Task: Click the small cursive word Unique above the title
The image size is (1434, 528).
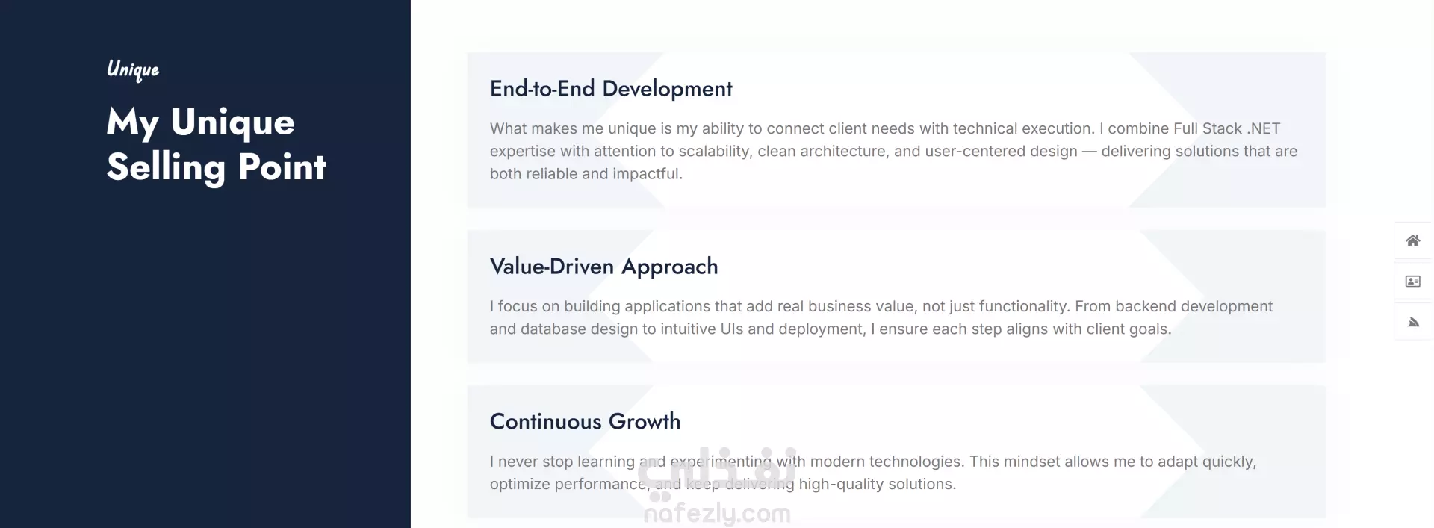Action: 133,69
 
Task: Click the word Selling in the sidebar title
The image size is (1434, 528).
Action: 166,167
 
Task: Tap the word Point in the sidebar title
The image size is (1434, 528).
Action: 282,167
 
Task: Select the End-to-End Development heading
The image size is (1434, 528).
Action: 611,89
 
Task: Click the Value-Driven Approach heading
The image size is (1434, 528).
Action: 603,267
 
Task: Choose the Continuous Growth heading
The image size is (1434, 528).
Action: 585,421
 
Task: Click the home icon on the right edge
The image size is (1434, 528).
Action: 1413,240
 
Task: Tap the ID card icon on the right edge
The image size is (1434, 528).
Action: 1413,282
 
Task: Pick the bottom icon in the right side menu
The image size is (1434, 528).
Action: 1413,322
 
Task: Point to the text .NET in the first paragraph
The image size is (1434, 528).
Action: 1264,128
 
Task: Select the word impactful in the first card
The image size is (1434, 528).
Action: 647,174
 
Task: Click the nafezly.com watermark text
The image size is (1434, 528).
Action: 717,514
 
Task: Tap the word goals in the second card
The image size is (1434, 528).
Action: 1150,329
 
